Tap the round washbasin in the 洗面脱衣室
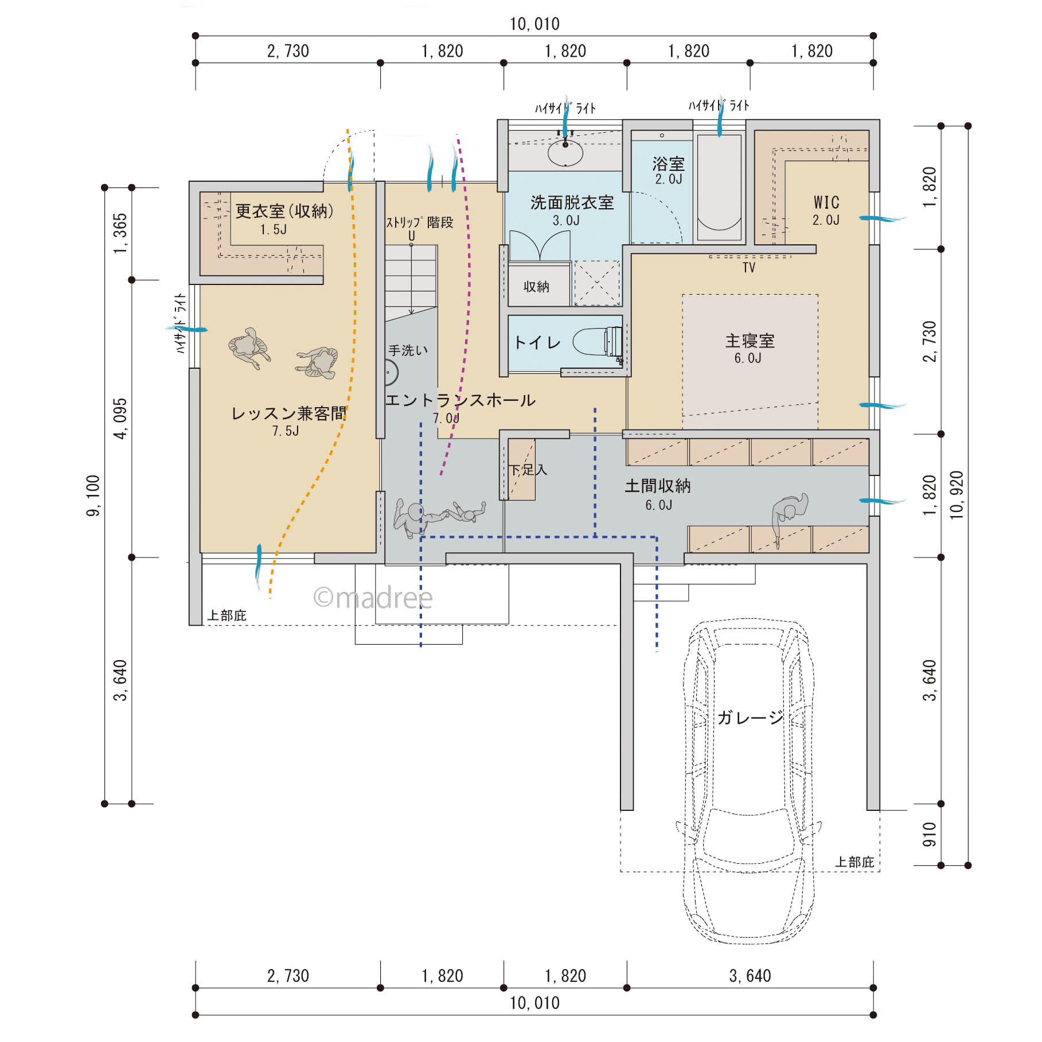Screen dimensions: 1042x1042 (x=565, y=153)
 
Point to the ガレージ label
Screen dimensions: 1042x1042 (x=750, y=717)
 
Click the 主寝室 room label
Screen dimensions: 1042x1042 (x=750, y=341)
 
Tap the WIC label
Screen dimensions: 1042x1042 (x=826, y=202)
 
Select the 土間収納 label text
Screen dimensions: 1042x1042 (x=658, y=486)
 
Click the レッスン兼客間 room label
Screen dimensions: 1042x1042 (x=288, y=413)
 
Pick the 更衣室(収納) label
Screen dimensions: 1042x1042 (x=284, y=211)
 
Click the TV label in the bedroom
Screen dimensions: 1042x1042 (x=749, y=268)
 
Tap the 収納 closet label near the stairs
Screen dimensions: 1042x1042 (x=536, y=287)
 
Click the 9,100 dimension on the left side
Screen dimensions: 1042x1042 (x=93, y=495)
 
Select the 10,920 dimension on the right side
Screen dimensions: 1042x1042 (x=957, y=495)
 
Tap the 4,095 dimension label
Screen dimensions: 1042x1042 (x=120, y=419)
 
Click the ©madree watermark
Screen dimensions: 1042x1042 (x=373, y=598)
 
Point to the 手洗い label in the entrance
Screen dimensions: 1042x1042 (x=408, y=350)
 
